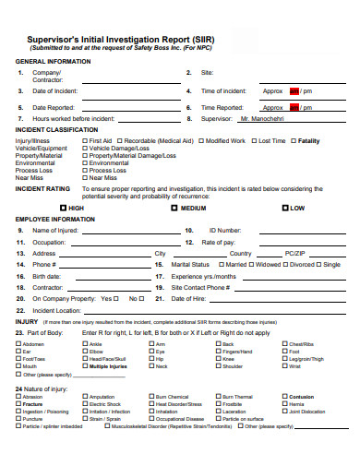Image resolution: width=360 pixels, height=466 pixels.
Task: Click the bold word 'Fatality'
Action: tap(308, 141)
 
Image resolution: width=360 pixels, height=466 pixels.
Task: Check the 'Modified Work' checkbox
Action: tap(201, 141)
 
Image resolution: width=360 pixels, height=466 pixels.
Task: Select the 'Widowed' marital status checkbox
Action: tap(253, 264)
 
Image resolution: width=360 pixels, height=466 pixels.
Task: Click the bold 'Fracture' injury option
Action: tap(33, 404)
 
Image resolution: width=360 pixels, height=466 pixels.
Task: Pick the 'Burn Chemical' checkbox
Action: tap(151, 397)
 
